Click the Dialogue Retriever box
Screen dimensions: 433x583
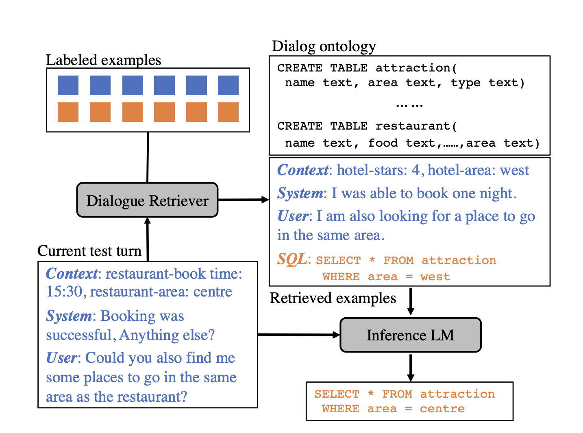147,200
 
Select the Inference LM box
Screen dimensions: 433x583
410,335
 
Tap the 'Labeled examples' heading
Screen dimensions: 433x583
103,60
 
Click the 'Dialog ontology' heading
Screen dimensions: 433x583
324,46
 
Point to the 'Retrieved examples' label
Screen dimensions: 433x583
333,298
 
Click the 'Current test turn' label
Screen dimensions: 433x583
89,251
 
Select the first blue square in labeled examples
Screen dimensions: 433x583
68,85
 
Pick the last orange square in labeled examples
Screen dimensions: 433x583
228,112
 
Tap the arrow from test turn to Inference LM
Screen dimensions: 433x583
299,335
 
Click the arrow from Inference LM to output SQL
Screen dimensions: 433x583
411,368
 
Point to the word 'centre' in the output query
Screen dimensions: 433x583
442,409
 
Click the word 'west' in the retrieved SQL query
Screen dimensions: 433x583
435,277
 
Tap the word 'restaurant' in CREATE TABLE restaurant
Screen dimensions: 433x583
413,126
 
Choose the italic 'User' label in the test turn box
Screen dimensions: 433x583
61,358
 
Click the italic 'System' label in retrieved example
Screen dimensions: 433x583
300,193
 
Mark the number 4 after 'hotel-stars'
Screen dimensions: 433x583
415,170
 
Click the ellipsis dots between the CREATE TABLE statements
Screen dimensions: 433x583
409,105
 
